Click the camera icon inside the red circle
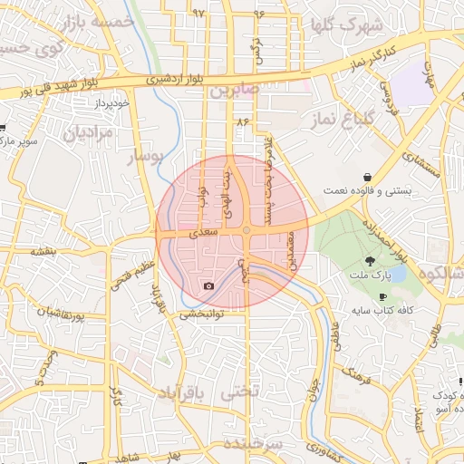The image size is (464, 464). (x=209, y=286)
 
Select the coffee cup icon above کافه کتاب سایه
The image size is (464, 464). (x=382, y=296)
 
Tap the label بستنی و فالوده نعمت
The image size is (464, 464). (x=368, y=190)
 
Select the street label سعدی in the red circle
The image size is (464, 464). (x=203, y=234)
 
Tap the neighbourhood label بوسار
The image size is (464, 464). (x=147, y=158)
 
